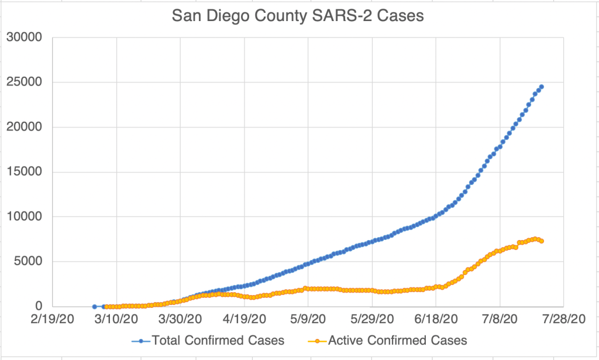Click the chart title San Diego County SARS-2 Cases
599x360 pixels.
(298, 16)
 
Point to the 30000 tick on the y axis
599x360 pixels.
(25, 37)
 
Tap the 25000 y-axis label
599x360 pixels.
(25, 82)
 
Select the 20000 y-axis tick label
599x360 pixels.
(25, 127)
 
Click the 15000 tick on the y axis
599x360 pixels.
(25, 172)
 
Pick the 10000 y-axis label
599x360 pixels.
(25, 217)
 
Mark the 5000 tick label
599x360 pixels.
(28, 262)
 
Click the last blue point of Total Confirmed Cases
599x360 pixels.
(541, 87)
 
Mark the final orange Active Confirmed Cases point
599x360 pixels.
(542, 241)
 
